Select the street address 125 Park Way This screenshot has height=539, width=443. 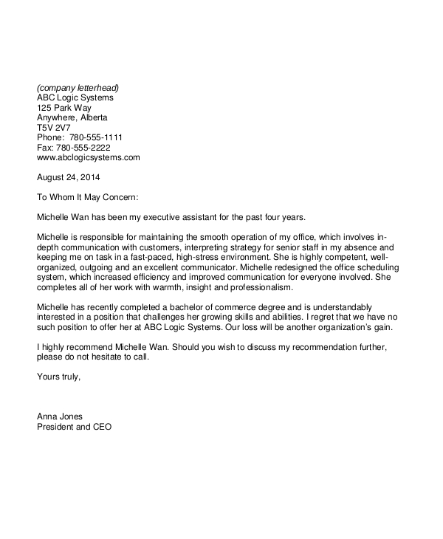[x=64, y=108]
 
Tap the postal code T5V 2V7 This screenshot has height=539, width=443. [x=53, y=128]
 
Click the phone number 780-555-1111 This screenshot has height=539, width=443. [x=96, y=137]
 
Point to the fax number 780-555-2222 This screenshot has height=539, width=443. [x=87, y=148]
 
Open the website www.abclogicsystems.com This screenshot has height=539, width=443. [x=88, y=157]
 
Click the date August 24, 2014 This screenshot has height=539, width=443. [x=68, y=177]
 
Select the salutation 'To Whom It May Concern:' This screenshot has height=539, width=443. [x=88, y=197]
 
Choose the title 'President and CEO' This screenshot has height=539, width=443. [x=75, y=427]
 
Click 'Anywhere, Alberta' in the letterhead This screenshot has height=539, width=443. [x=72, y=117]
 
